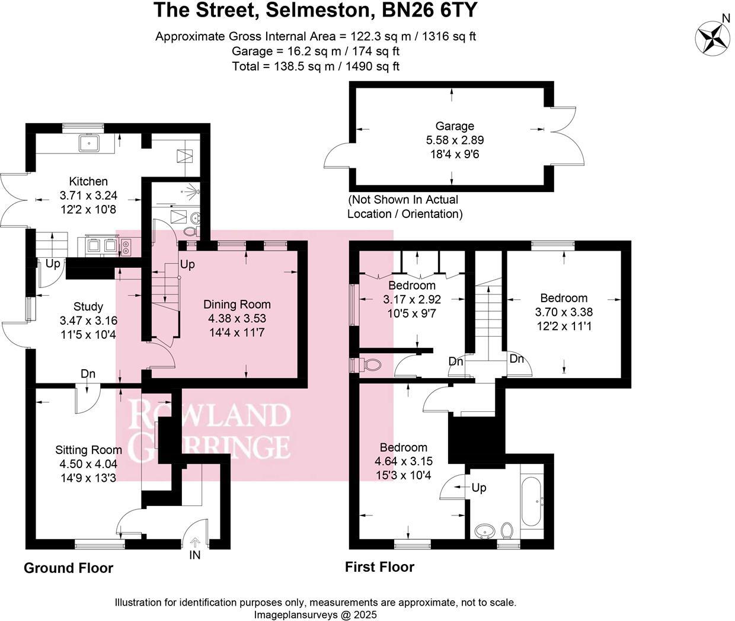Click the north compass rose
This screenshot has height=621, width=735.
(x=712, y=37)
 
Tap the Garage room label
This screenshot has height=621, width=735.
(x=455, y=126)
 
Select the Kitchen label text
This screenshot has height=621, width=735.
(x=88, y=181)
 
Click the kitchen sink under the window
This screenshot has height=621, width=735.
(x=90, y=143)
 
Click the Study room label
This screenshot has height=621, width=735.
(x=88, y=306)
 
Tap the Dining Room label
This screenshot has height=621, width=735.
(x=237, y=305)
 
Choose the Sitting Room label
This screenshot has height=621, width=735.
(x=88, y=450)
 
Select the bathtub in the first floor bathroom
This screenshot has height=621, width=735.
(x=531, y=502)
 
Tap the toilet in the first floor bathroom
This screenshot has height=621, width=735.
(x=507, y=529)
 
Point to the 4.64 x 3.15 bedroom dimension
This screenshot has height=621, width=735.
(x=404, y=461)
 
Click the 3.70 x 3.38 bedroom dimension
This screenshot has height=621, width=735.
(x=564, y=312)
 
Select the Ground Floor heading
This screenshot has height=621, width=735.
(x=68, y=568)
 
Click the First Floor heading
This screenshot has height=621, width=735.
(x=379, y=567)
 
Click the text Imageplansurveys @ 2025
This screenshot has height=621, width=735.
(x=315, y=615)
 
